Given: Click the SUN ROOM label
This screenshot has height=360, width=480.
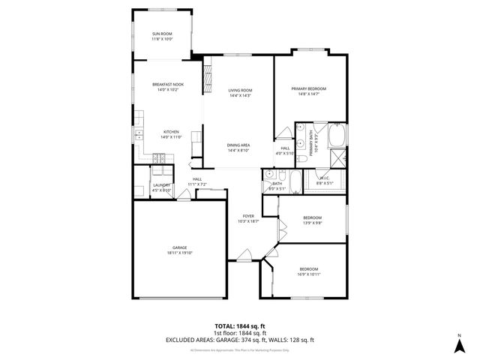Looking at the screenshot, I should pos(163,34).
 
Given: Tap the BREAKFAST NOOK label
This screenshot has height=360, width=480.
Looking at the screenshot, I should pos(168,85).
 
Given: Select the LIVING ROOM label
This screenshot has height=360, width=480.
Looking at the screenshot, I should pos(240,90).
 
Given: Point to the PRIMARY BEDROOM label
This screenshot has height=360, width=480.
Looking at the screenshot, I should pos(309,88).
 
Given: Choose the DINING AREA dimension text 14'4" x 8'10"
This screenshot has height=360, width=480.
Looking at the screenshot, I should pos(238,151).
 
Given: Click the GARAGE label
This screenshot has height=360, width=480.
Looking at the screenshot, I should pos(179,248).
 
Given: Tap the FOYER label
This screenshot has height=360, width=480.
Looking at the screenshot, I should pos(248,216).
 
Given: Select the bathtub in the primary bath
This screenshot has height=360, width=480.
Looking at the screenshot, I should pos(337,136).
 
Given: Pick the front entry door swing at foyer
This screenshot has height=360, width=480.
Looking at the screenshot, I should pos(242,259).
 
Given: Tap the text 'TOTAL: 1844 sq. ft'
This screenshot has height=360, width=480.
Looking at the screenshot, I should pos(240,326).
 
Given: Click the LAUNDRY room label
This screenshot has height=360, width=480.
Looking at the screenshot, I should pos(162,185).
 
